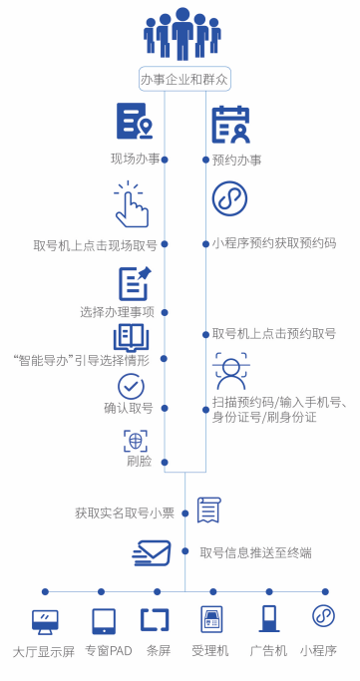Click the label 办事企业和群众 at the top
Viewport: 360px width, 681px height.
[x=183, y=79]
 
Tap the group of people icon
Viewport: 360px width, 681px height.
[x=182, y=35]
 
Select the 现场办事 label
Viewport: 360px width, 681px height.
[x=135, y=159]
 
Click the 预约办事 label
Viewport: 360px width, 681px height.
[x=237, y=160]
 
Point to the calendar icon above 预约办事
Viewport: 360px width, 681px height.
[x=230, y=124]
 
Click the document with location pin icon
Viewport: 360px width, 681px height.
[x=134, y=122]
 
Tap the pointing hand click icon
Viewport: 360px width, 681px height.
[x=132, y=204]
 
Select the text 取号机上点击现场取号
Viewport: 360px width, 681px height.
[x=95, y=244]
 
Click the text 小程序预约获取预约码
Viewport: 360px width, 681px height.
[x=274, y=242]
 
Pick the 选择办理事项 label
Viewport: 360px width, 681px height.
[x=117, y=311]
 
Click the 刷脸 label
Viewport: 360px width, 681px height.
[x=139, y=461]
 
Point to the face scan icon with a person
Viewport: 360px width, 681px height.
[x=231, y=371]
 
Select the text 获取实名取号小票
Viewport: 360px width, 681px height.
[x=125, y=513]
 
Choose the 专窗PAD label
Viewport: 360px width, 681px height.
[x=108, y=651]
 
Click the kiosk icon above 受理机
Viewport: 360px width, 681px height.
[x=210, y=619]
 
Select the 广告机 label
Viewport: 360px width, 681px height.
[x=268, y=651]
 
